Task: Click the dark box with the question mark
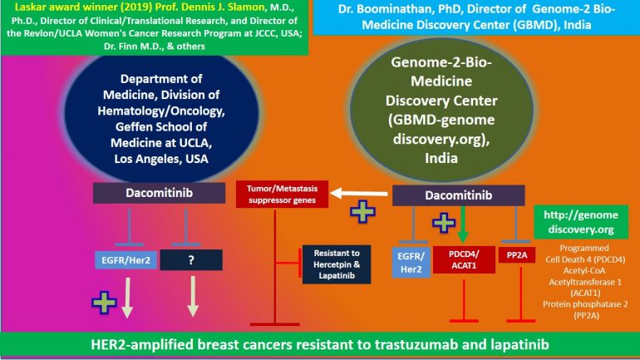(191, 260)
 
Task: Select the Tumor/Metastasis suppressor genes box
(282, 195)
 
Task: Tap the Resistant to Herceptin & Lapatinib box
(337, 264)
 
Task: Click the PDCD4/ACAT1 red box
(464, 259)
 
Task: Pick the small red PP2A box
(517, 255)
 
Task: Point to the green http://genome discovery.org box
(581, 222)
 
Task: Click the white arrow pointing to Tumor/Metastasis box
(359, 193)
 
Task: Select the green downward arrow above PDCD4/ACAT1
(462, 224)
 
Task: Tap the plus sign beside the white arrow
(362, 211)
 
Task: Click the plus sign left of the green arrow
(444, 223)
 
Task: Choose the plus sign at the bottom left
(104, 303)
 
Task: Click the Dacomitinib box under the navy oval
(160, 193)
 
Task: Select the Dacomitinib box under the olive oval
(458, 195)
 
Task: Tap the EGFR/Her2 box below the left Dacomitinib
(126, 260)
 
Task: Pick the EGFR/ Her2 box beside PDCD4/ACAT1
(411, 263)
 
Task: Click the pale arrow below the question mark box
(193, 297)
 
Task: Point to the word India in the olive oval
(441, 158)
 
